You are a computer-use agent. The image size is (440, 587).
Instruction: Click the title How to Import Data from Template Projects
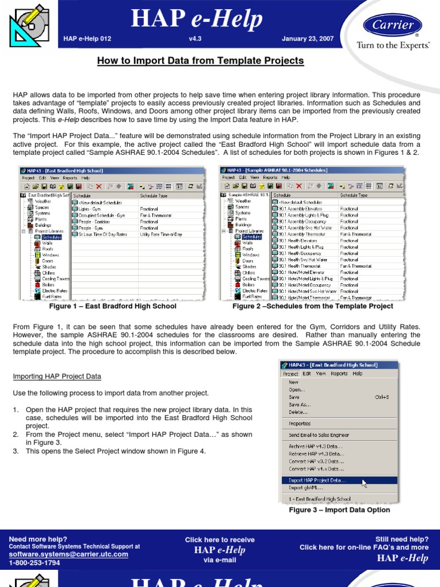point(201,61)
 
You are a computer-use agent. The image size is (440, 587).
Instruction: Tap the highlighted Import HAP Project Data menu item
point(317,480)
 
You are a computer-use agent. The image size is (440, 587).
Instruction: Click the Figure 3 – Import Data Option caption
point(339,510)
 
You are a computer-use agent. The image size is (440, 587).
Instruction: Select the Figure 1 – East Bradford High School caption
point(113,306)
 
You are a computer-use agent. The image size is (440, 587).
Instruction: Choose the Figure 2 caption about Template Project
point(312,306)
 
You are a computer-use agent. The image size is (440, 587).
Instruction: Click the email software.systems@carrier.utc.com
point(69,554)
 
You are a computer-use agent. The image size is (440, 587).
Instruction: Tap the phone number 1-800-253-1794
point(34,562)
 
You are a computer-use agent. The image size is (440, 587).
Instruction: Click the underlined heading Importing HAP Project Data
point(57,376)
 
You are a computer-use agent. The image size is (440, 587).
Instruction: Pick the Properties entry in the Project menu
point(300,424)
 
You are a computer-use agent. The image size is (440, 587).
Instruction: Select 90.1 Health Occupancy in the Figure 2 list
point(300,253)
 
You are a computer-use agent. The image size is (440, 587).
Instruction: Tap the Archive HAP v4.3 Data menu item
point(316,446)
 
